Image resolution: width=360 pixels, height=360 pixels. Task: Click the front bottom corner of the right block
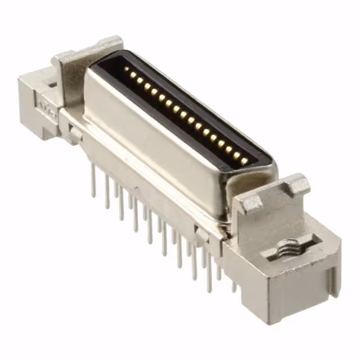tap(264, 321)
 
